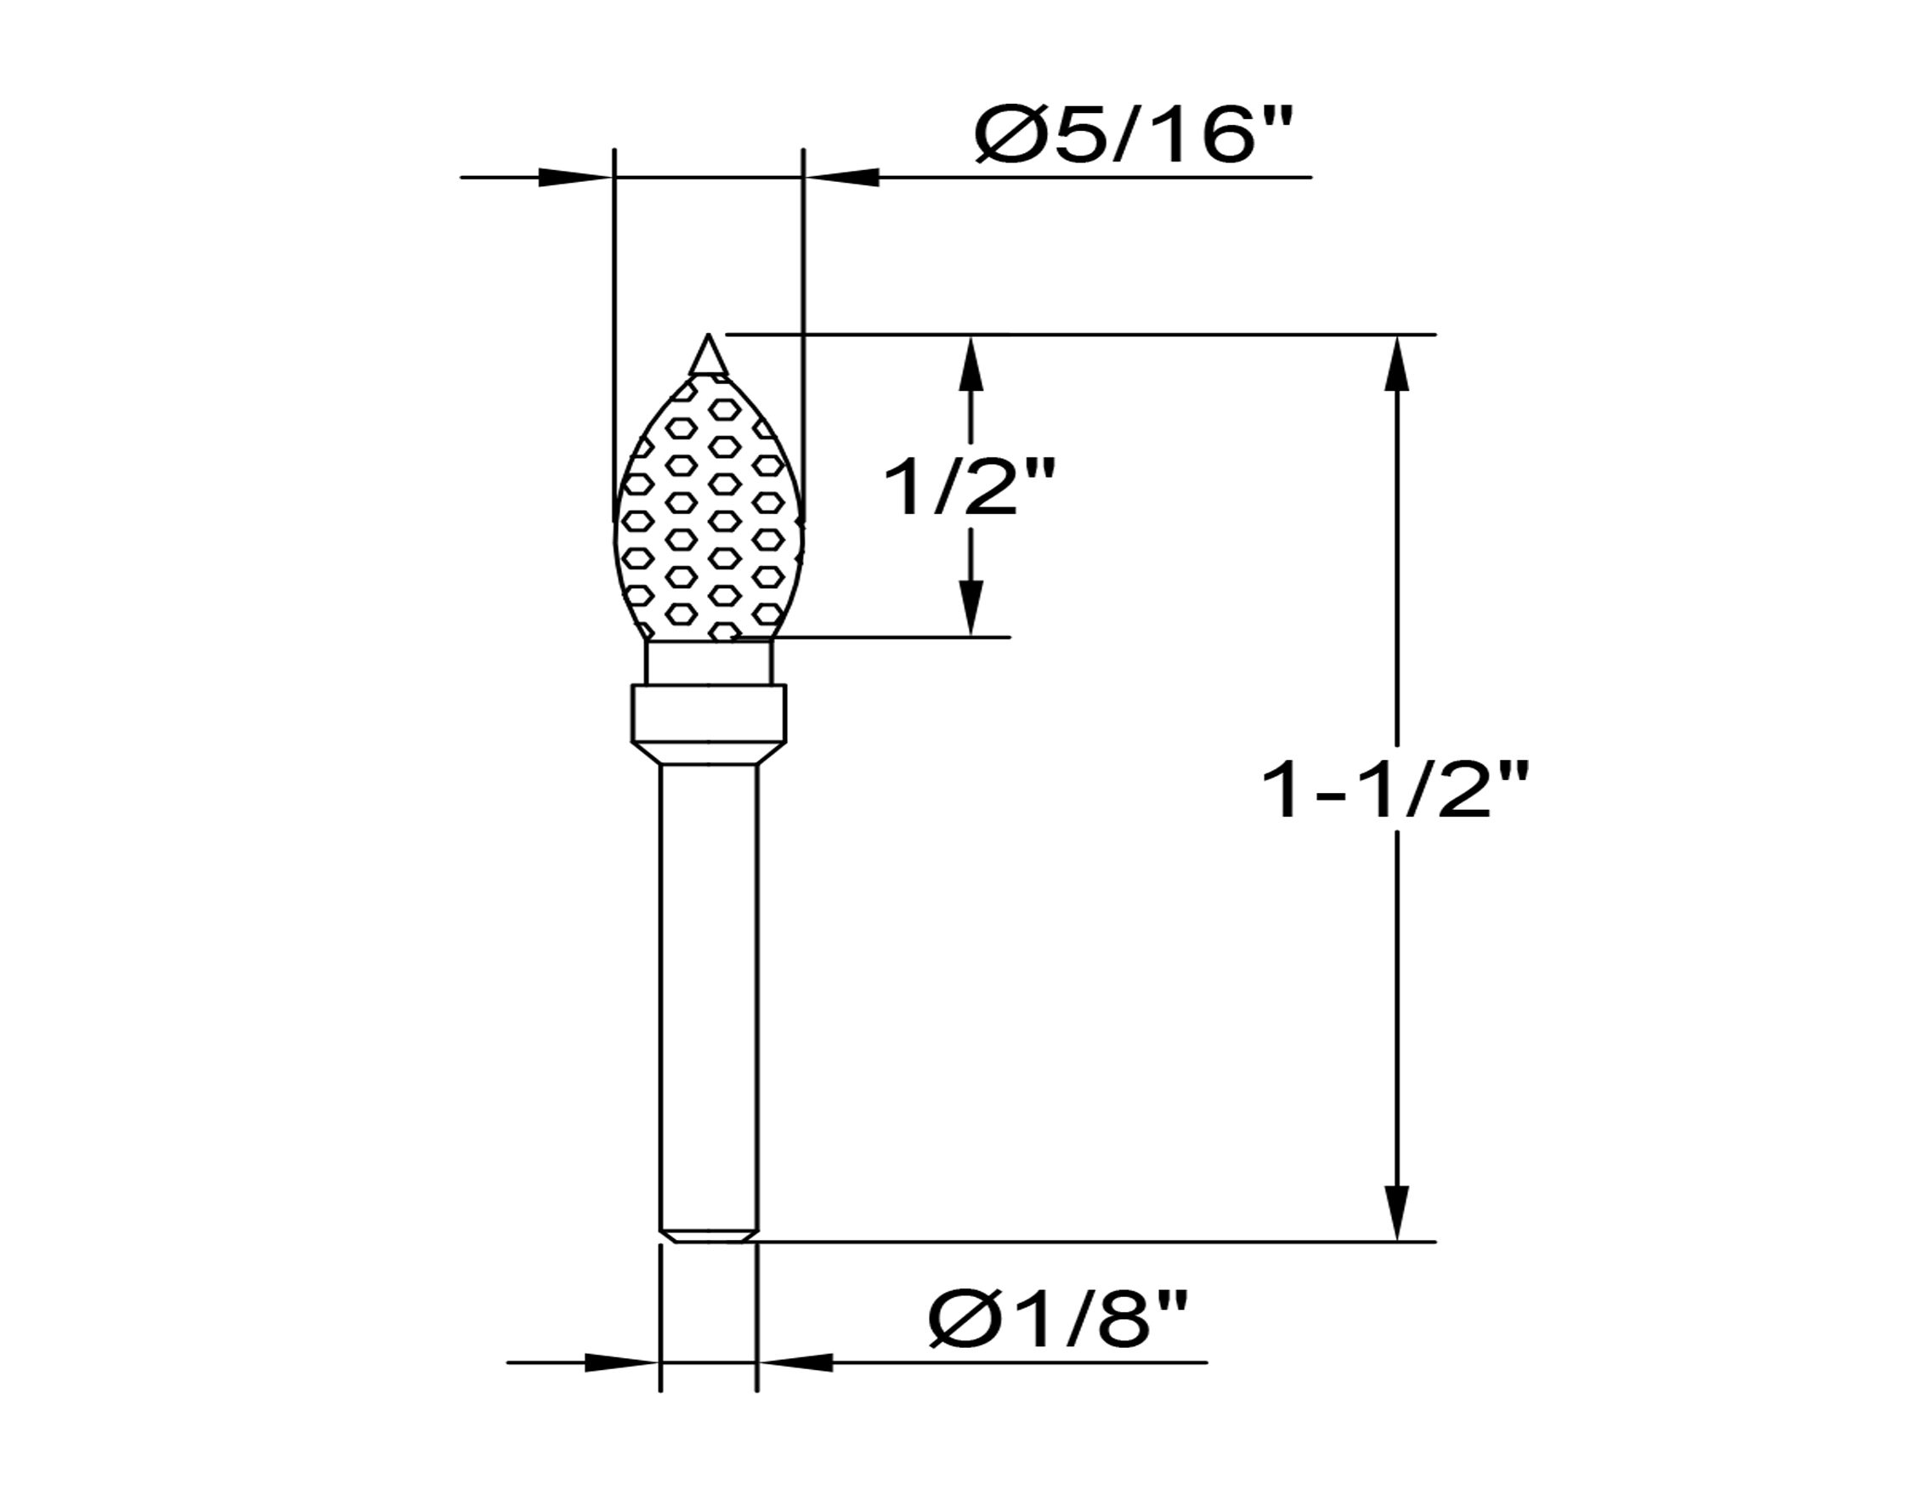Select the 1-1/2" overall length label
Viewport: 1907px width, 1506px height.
(1395, 790)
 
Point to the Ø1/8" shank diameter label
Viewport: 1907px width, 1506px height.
(1058, 1320)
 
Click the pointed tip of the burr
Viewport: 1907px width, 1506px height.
(708, 337)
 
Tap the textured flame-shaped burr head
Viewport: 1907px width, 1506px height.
(708, 507)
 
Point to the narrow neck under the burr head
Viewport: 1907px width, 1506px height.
(708, 662)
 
